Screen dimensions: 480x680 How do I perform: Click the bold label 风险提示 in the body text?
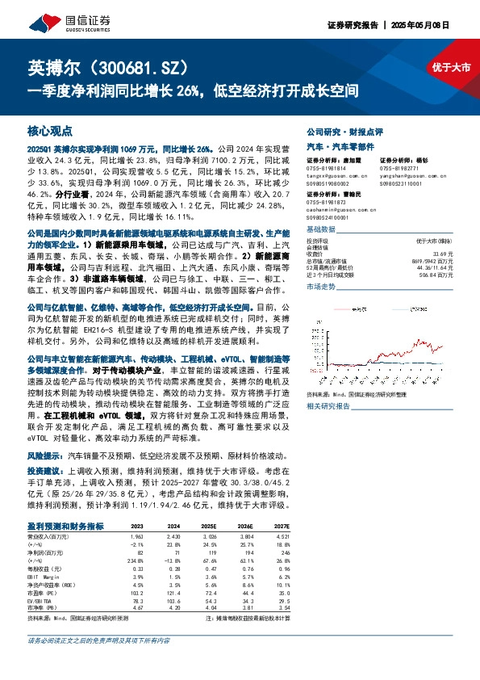click(45, 455)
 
